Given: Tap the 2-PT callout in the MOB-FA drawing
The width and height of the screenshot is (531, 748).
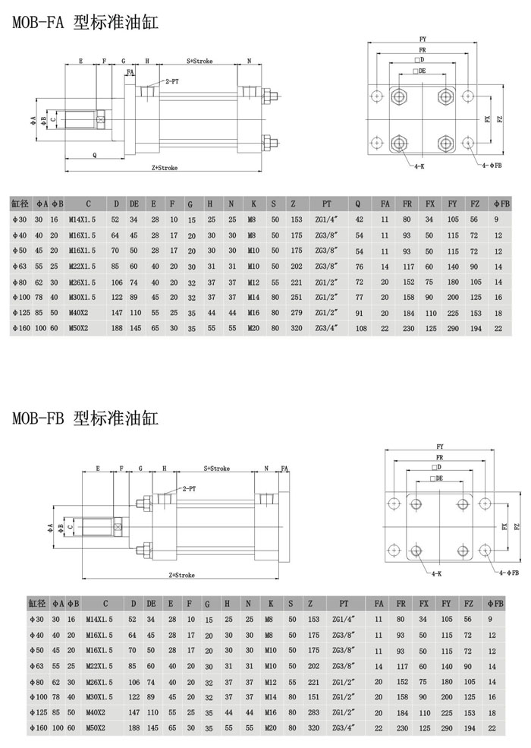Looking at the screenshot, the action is click(x=172, y=81).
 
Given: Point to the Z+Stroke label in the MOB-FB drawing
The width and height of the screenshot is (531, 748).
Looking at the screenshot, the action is click(x=182, y=576).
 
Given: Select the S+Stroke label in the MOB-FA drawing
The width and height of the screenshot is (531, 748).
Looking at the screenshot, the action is click(x=200, y=61).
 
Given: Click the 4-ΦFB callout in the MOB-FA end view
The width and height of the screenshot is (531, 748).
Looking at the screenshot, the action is click(x=491, y=166).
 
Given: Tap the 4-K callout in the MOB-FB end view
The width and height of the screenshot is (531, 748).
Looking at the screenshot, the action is click(x=437, y=573).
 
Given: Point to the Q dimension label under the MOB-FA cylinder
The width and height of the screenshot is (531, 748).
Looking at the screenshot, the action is click(x=94, y=155).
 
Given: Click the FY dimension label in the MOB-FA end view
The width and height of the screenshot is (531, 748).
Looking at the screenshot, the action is click(x=423, y=39).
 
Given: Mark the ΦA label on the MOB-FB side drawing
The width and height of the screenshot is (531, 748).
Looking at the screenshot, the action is click(x=50, y=527).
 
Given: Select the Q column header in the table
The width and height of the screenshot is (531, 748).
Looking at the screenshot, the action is click(x=358, y=204).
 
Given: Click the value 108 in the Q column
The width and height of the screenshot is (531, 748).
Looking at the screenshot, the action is click(x=361, y=328).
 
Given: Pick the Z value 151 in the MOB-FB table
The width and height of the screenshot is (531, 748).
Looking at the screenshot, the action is click(x=313, y=697).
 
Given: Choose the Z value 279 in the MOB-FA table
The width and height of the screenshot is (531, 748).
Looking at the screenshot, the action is click(x=297, y=312).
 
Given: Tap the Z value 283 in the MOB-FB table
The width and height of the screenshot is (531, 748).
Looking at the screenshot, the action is click(x=313, y=712).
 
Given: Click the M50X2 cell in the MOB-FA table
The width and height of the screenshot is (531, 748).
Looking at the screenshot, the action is click(x=79, y=328).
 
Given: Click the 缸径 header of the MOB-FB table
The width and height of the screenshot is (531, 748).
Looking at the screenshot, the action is click(x=36, y=604).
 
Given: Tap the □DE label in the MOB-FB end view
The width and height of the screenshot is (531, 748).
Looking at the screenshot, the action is click(x=436, y=478).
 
